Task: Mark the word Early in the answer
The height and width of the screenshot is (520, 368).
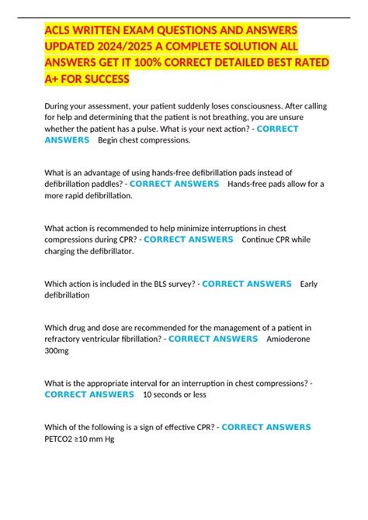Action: point(309,284)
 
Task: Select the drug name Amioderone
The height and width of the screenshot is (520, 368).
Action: point(290,339)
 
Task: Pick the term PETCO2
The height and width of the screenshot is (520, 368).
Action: point(61,439)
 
